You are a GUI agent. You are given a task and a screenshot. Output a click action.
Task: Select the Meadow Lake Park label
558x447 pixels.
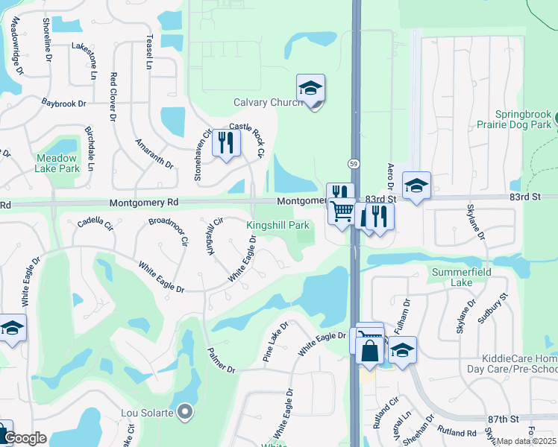[x=56, y=163]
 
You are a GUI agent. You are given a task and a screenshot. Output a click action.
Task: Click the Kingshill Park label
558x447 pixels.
[x=278, y=225]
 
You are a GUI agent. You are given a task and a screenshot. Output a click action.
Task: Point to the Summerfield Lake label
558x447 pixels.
[x=462, y=277]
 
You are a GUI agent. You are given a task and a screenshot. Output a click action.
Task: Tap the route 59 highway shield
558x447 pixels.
[x=354, y=162]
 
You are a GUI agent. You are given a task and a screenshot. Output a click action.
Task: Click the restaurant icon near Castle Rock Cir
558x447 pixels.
[x=227, y=142]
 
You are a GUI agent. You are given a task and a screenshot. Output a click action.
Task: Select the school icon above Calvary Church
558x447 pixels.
[x=310, y=88]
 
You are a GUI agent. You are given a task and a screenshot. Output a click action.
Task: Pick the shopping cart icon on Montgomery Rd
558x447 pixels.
[x=342, y=212]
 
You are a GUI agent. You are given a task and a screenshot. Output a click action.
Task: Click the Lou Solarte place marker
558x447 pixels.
[x=185, y=411]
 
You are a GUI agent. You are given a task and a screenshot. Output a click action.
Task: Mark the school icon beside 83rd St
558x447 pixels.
[x=416, y=186]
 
